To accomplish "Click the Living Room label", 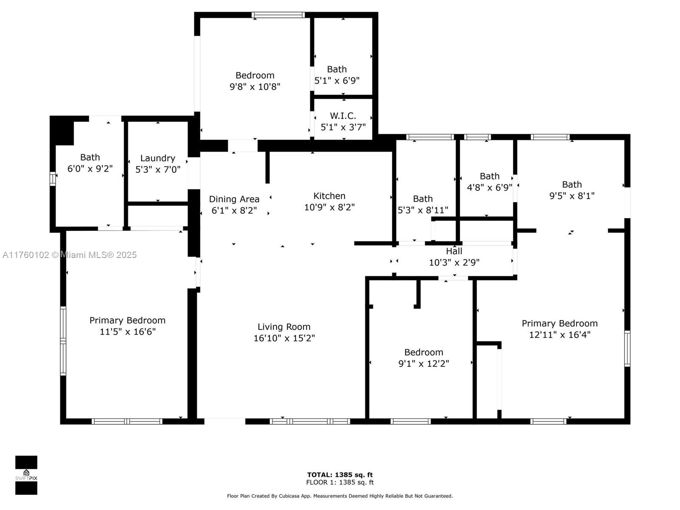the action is [x=284, y=327].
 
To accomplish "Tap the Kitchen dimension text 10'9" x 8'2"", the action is [x=329, y=207].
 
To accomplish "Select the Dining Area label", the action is [x=234, y=199].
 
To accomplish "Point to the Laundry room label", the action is [x=158, y=158].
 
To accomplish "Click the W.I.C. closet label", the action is [x=343, y=116].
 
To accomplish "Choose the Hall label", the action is [x=454, y=251].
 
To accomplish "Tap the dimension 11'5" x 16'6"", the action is [x=127, y=331].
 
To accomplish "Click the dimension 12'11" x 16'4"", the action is [x=559, y=335].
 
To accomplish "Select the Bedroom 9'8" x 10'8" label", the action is [x=255, y=75].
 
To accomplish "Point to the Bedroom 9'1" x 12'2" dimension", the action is [x=423, y=363].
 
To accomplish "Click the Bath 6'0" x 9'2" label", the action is [x=90, y=157].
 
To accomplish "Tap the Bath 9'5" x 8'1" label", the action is [x=572, y=184].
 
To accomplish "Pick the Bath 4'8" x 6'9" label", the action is [x=490, y=176].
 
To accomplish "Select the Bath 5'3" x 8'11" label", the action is [x=422, y=199].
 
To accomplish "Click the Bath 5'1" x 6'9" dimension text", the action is [x=337, y=81].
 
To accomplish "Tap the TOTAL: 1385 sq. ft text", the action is [x=340, y=475].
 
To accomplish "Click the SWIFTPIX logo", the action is [x=26, y=475].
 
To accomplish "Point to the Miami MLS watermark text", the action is [x=69, y=255].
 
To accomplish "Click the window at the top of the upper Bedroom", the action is [x=278, y=15].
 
